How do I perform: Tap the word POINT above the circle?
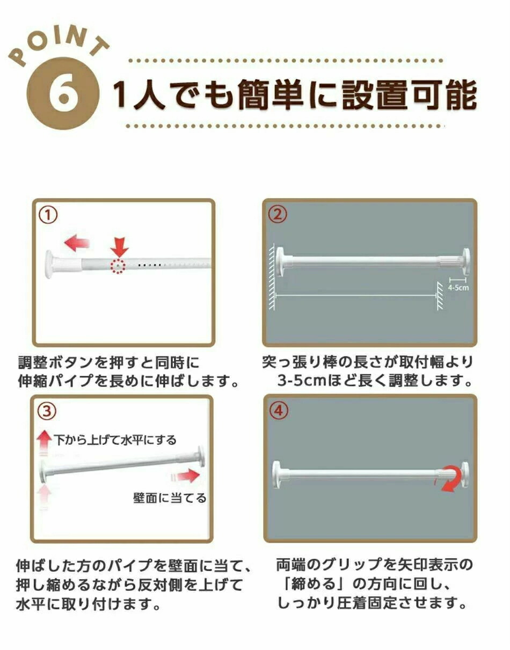(59, 46)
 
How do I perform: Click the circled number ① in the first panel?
(48, 216)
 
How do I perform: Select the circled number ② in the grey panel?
(278, 215)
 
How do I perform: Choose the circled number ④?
(279, 411)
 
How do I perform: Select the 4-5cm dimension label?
(458, 288)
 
